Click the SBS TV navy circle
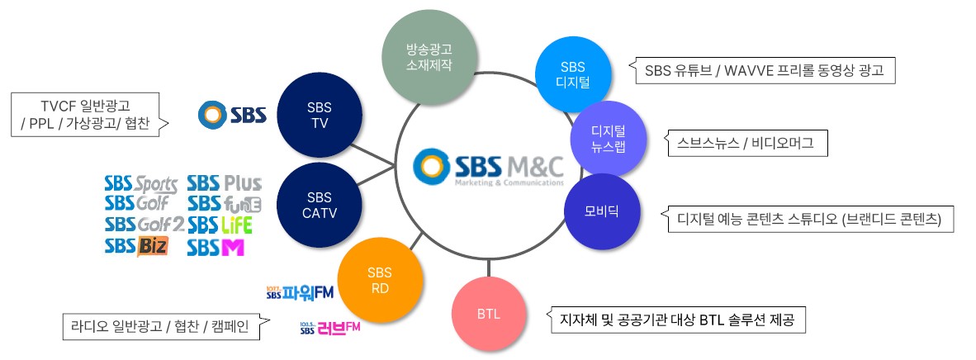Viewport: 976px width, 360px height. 320,116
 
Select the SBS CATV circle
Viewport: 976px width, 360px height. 320,206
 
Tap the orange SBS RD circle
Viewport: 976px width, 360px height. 381,280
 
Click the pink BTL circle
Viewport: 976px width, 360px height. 489,314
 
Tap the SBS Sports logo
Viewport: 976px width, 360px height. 141,184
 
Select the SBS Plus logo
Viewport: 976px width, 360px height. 225,183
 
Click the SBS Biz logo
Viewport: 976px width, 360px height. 136,246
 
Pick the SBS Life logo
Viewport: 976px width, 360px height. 220,225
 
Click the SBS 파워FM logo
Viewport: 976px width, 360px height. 300,291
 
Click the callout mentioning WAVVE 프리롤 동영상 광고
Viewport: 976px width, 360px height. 762,69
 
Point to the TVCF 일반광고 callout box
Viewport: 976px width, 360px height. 90,114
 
